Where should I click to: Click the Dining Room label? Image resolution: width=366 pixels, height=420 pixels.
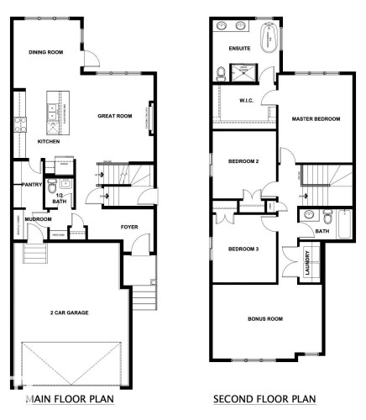point(46,52)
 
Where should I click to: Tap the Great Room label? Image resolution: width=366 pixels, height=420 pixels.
point(115,115)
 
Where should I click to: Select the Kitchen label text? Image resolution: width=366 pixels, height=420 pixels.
point(50,141)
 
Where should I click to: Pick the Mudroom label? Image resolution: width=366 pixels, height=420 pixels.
point(38,219)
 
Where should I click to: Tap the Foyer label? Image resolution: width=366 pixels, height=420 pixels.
point(128,225)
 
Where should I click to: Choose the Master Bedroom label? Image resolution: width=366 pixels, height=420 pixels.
point(316,119)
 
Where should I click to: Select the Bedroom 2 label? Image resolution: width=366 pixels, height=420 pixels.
point(243,160)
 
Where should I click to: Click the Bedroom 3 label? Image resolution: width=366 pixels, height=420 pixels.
point(243,249)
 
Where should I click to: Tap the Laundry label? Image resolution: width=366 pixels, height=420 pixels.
point(308,263)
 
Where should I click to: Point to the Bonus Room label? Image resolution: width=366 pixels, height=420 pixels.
point(265,319)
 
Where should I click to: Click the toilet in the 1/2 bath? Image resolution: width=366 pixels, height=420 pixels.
point(51,185)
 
